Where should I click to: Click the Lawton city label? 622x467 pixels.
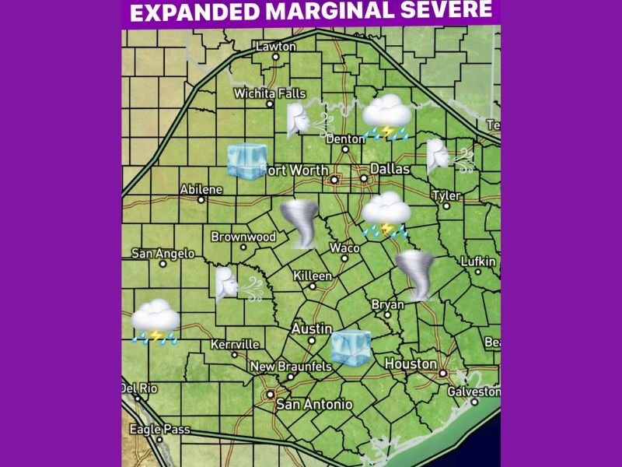pyautogui.click(x=276, y=47)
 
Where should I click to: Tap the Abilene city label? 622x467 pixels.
pyautogui.click(x=201, y=189)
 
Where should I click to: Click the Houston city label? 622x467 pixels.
pyautogui.click(x=411, y=363)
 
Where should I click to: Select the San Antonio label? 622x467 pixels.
pyautogui.click(x=315, y=404)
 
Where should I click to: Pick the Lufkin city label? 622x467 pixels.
pyautogui.click(x=477, y=262)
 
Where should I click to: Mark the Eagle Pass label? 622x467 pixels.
pyautogui.click(x=154, y=428)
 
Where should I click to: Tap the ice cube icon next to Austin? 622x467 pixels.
pyautogui.click(x=351, y=346)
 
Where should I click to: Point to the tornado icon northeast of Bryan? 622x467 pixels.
pyautogui.click(x=416, y=275)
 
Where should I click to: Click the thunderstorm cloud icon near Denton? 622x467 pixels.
pyautogui.click(x=386, y=118)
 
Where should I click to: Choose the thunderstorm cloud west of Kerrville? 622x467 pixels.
pyautogui.click(x=155, y=321)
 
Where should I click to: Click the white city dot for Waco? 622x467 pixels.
pyautogui.click(x=344, y=258)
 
